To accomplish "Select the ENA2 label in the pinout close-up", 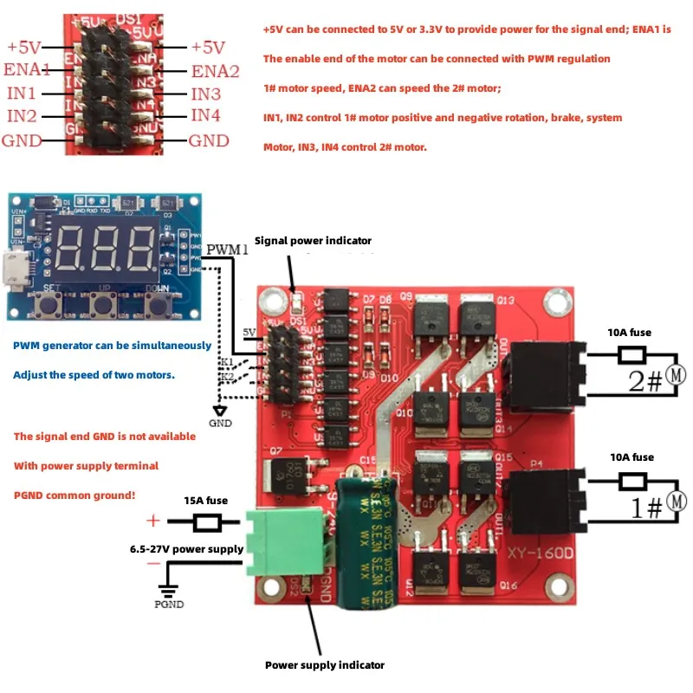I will tap(214, 70).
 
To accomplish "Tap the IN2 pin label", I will tap(22, 116).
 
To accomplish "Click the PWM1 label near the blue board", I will tap(227, 250).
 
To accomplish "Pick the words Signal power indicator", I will tap(313, 241).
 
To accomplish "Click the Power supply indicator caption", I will tap(324, 665).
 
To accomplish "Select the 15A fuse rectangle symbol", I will tap(207, 522).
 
